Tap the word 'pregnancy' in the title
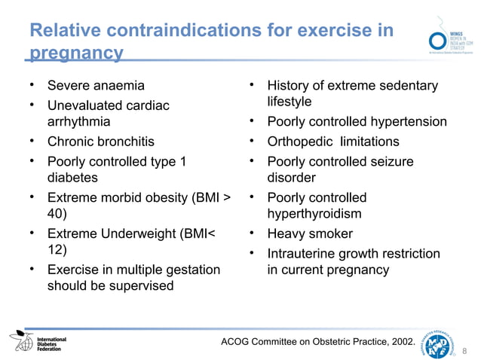point(75,53)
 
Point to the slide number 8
point(465,349)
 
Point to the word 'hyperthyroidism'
point(314,214)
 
